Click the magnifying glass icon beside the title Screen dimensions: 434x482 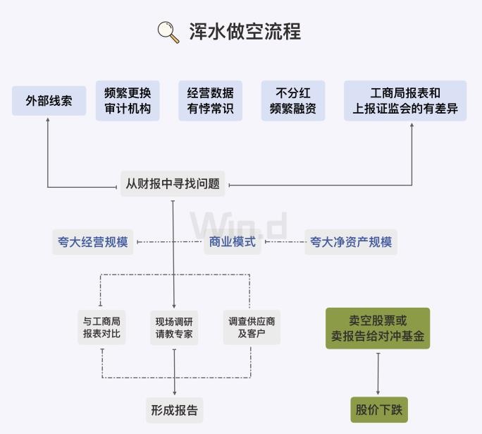click(x=168, y=32)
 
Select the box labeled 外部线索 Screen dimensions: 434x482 click(x=49, y=101)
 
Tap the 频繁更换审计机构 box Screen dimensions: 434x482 click(x=127, y=101)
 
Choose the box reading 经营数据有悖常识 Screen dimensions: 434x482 click(x=210, y=101)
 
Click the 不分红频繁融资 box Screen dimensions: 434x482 click(x=292, y=101)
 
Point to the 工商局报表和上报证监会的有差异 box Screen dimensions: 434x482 click(x=405, y=101)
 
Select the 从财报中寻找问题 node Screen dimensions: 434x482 click(x=173, y=185)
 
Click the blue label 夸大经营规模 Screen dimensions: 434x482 click(x=93, y=242)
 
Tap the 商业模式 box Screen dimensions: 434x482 click(x=233, y=242)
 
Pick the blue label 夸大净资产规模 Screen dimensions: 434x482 click(x=351, y=242)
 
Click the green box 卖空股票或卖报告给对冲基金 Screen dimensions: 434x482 click(x=378, y=328)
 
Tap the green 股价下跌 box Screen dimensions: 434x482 click(x=378, y=409)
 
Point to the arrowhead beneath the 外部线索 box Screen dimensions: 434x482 click(x=49, y=121)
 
